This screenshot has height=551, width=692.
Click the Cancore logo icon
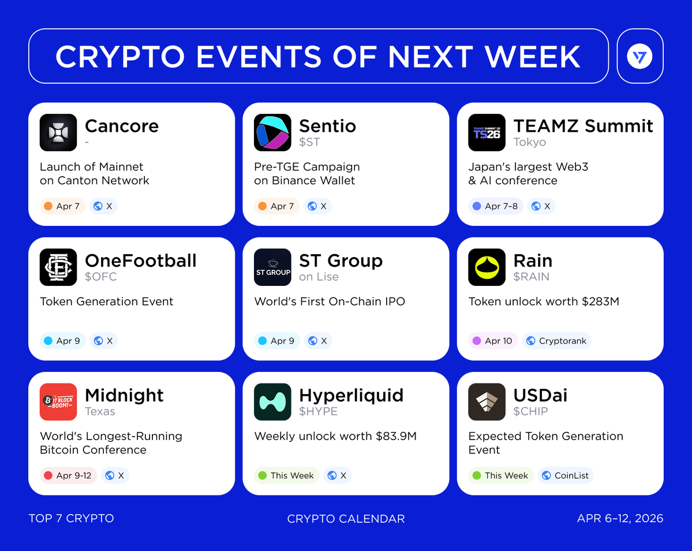(x=58, y=132)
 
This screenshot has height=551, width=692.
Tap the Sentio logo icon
(x=273, y=132)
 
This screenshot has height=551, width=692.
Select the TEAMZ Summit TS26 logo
(x=487, y=132)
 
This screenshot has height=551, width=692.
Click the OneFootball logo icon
(x=58, y=267)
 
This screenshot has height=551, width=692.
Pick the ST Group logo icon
(x=273, y=267)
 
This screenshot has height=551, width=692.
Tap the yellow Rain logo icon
(x=487, y=267)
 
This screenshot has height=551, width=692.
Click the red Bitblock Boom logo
(x=58, y=402)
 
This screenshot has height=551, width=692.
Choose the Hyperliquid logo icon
(x=273, y=402)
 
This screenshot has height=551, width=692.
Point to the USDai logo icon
(x=487, y=402)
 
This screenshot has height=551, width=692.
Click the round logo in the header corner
(x=639, y=56)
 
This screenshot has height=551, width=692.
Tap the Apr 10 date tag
(x=493, y=341)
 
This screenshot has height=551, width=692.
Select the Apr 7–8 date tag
(x=496, y=206)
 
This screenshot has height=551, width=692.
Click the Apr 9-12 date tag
(x=69, y=475)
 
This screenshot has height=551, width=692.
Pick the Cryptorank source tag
(x=557, y=341)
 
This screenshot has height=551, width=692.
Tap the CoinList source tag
(x=566, y=475)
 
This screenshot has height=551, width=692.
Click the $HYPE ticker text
(x=318, y=411)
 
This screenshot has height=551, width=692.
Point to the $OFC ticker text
(x=100, y=277)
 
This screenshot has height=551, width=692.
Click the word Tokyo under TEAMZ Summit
(x=530, y=142)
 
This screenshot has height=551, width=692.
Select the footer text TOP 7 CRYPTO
(x=72, y=518)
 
